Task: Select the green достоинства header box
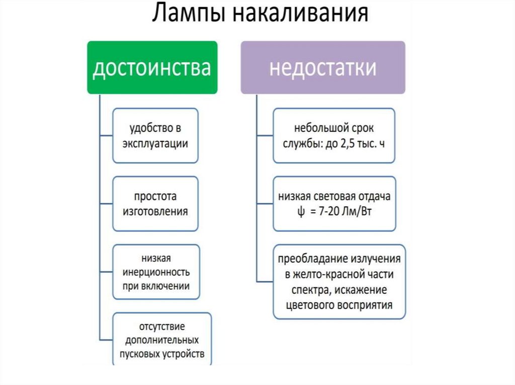(152, 68)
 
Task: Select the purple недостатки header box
(322, 68)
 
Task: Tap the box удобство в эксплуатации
(155, 136)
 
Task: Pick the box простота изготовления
(155, 203)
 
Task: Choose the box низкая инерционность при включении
(155, 272)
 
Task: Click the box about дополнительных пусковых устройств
(162, 340)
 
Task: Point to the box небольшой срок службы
(333, 136)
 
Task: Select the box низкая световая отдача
(333, 203)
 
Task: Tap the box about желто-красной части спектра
(339, 282)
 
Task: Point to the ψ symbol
(300, 211)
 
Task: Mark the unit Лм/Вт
(357, 211)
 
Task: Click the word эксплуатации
(155, 144)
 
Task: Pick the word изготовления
(155, 211)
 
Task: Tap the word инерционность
(155, 273)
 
